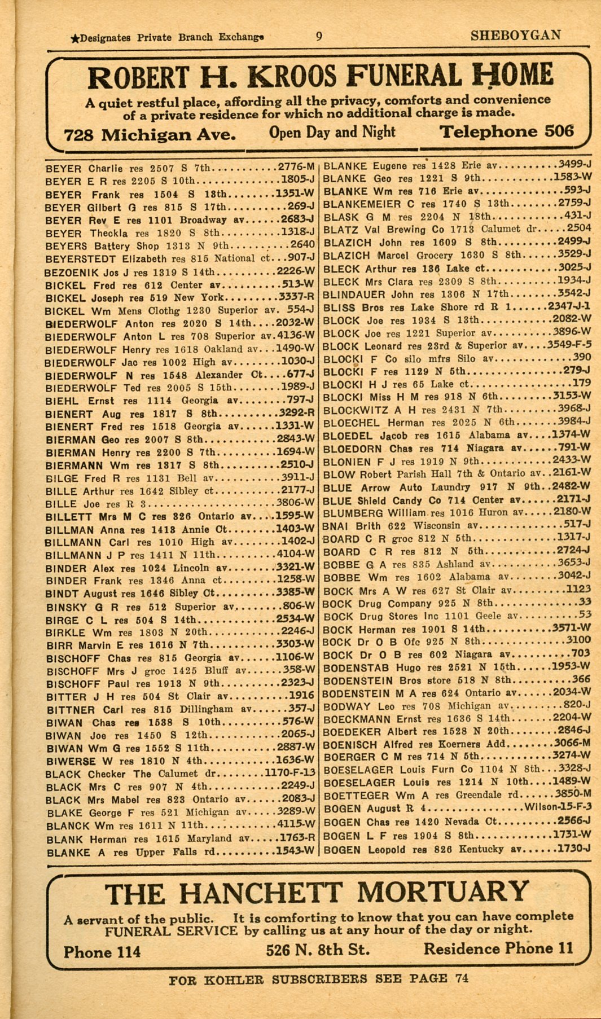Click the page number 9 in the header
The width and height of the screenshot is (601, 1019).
(319, 37)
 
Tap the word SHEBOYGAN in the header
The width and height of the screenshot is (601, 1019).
(516, 36)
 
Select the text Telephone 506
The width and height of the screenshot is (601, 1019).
(506, 132)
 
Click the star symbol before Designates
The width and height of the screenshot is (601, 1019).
(74, 39)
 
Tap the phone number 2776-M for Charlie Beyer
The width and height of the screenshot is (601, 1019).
(296, 168)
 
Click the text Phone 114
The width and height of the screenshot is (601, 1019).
(102, 952)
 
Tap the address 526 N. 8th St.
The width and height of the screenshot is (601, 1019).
(318, 950)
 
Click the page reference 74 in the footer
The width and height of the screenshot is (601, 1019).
(462, 978)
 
